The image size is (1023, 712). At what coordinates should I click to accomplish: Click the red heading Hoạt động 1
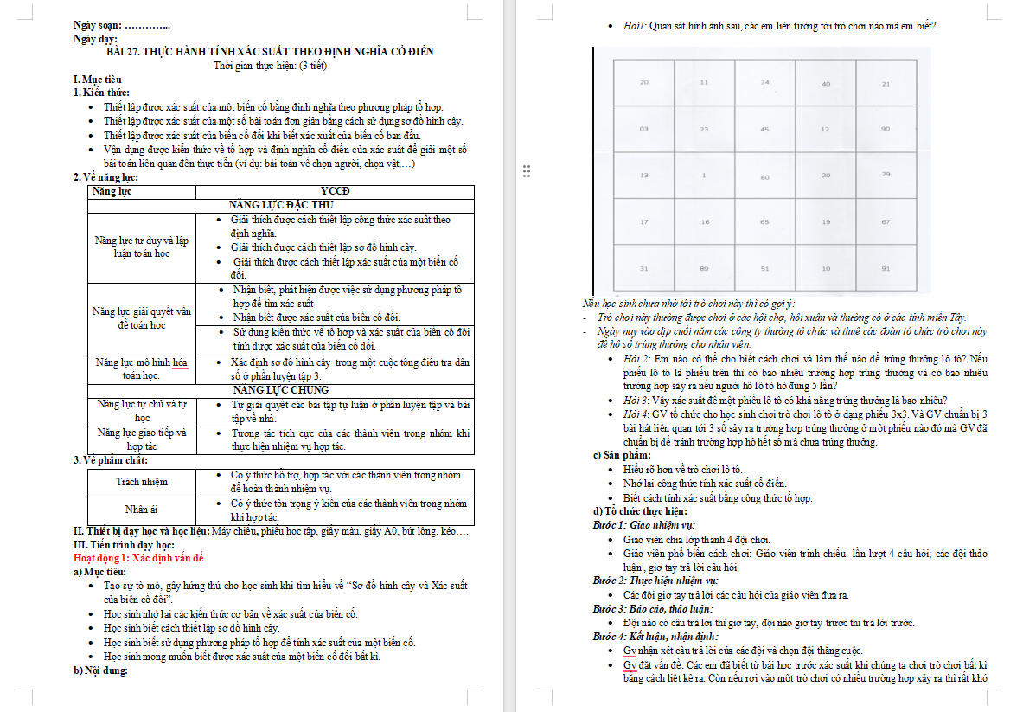pos(138,558)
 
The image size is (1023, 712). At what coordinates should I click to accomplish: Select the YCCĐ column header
pos(335,191)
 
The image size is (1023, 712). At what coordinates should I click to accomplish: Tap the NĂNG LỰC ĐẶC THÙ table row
pos(281,205)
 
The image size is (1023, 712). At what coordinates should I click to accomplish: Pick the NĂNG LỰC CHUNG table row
pos(281,390)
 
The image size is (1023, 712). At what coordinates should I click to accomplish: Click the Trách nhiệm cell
pos(142,481)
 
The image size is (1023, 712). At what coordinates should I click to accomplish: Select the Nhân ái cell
pos(142,510)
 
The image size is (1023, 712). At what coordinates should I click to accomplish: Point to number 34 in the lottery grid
pos(764,82)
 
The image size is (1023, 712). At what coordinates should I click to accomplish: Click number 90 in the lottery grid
pos(886,129)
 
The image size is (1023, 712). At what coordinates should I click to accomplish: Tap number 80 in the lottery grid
pos(764,177)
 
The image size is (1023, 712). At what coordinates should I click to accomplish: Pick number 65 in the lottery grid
pos(764,222)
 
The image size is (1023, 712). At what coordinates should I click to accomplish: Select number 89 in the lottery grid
pos(705,268)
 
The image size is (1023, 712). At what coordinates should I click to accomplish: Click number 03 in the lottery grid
pos(643,129)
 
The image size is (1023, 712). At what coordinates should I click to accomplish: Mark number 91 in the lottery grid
pos(886,268)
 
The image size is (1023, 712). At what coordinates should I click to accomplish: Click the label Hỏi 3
pos(636,401)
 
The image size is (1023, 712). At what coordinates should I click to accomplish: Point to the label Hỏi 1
pos(635,26)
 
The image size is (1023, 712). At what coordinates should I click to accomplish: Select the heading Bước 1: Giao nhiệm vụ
pos(644,525)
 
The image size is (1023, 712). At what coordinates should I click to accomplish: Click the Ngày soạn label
pos(98,26)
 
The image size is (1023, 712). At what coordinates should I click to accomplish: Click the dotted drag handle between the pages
pos(526,171)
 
